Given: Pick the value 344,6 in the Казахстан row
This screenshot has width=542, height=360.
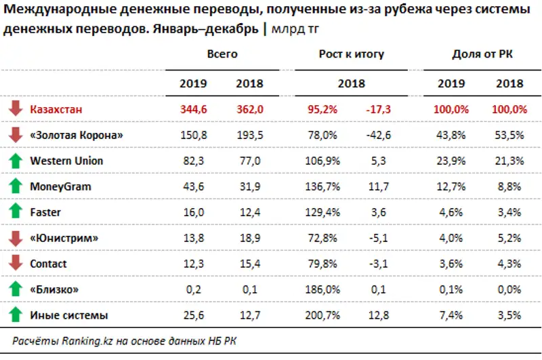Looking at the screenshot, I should pyautogui.click(x=193, y=109).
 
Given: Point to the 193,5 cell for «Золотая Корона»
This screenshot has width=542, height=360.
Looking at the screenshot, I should pyautogui.click(x=249, y=135).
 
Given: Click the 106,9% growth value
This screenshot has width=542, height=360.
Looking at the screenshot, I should pyautogui.click(x=323, y=161).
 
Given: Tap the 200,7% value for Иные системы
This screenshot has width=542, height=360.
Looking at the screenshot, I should pyautogui.click(x=323, y=315).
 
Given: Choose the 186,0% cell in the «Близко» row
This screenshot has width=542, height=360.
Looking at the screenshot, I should pyautogui.click(x=323, y=289).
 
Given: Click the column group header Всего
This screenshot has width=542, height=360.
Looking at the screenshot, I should pyautogui.click(x=222, y=54).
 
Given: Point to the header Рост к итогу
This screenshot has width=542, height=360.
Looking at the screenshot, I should pyautogui.click(x=352, y=54).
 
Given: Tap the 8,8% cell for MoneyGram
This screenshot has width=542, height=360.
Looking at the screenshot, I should pyautogui.click(x=509, y=186).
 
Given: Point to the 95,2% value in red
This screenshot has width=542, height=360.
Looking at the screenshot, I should pyautogui.click(x=323, y=109).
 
